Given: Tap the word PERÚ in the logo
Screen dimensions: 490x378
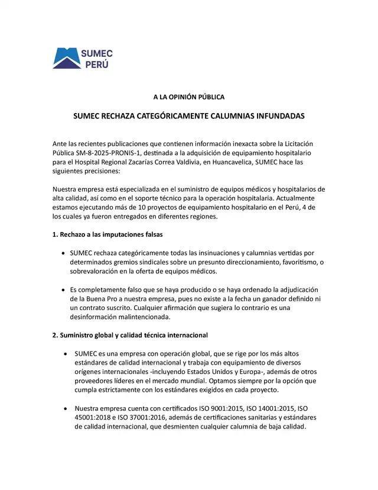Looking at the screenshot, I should (x=96, y=65).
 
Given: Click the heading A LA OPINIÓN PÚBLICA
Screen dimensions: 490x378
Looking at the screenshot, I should (x=188, y=96).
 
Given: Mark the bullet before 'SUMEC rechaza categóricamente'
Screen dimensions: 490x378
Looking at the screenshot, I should (x=64, y=253).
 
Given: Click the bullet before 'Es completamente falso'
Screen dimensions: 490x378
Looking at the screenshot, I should (x=64, y=289).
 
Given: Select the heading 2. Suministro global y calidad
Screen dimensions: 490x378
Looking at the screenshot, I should (x=130, y=335).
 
